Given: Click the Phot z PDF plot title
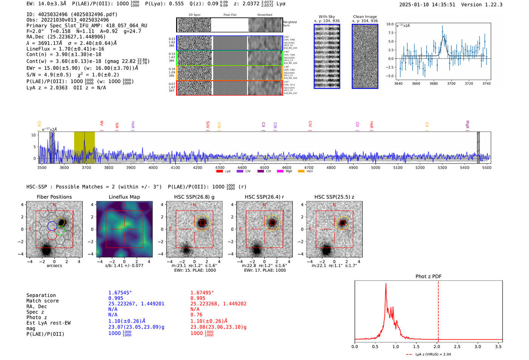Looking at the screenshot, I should pyautogui.click(x=428, y=276).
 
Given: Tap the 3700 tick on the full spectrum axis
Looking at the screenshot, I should pyautogui.click(x=86, y=167).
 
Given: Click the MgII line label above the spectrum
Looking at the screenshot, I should pyautogui.click(x=467, y=124).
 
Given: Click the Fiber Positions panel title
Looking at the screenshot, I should pyautogui.click(x=54, y=197).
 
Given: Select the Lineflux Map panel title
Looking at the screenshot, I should pyautogui.click(x=124, y=197).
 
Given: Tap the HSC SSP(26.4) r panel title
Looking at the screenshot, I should pyautogui.click(x=264, y=197).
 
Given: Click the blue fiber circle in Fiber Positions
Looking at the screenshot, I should pyautogui.click(x=52, y=226).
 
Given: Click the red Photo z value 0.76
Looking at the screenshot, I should pyautogui.click(x=196, y=315).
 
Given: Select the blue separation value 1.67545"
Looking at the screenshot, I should pyautogui.click(x=120, y=293).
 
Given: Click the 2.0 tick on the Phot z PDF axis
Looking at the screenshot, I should pyautogui.click(x=437, y=346).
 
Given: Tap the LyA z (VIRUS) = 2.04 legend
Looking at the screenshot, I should pyautogui.click(x=429, y=354).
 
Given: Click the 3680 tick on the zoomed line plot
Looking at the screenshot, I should pyautogui.click(x=433, y=83).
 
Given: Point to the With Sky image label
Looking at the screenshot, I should pyautogui.click(x=327, y=17).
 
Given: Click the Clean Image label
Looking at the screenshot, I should pyautogui.click(x=365, y=17).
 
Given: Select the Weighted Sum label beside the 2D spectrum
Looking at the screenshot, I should pyautogui.click(x=290, y=24).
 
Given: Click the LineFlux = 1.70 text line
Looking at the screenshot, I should pyautogui.click(x=65, y=49).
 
